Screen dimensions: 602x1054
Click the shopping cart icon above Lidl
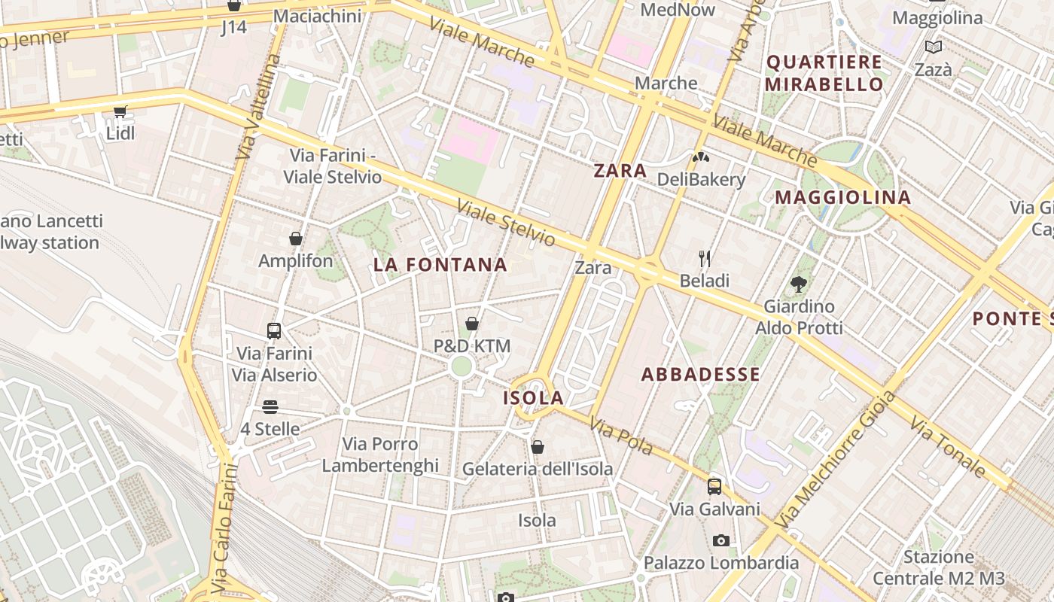click(x=120, y=112)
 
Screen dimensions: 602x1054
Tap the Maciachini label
click(x=317, y=16)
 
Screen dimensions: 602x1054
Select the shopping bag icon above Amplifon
click(x=296, y=239)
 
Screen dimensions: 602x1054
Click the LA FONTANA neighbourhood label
click(x=440, y=265)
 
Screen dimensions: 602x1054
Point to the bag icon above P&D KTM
click(x=472, y=324)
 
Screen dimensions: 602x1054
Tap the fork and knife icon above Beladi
click(x=705, y=259)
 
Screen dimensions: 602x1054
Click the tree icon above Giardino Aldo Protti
click(x=799, y=284)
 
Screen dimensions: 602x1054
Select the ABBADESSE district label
click(x=701, y=375)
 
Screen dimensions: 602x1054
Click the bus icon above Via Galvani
click(x=714, y=487)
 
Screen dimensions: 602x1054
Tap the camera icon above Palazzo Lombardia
click(x=720, y=541)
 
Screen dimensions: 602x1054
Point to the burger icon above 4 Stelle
click(x=270, y=407)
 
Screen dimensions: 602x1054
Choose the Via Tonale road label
click(x=947, y=446)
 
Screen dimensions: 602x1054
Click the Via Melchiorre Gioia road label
click(x=836, y=460)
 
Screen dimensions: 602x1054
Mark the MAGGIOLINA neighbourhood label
click(x=843, y=198)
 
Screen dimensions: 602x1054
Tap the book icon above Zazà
click(x=934, y=47)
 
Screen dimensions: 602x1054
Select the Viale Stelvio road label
click(x=506, y=223)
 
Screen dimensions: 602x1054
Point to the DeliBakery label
click(x=701, y=180)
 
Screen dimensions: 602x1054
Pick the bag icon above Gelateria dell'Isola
click(x=538, y=447)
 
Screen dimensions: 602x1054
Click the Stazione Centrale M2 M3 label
click(x=939, y=568)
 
